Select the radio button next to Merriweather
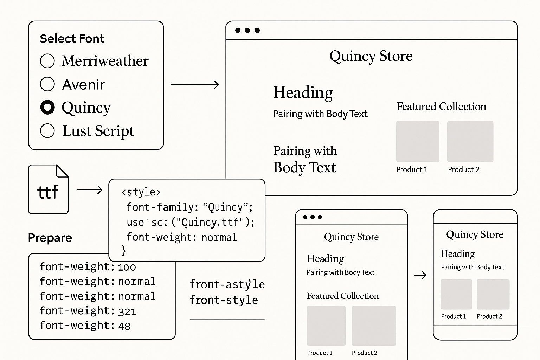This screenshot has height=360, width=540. [x=47, y=61]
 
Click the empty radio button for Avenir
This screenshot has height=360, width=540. [x=47, y=84]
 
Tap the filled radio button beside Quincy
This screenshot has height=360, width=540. [x=47, y=107]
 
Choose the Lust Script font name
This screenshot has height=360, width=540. [x=98, y=131]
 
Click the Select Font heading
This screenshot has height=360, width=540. [x=72, y=38]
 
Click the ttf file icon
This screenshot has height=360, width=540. [x=48, y=189]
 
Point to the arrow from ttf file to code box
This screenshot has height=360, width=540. [x=89, y=190]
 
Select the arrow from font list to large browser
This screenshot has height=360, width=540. [x=195, y=84]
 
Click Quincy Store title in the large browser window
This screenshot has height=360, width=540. [x=371, y=56]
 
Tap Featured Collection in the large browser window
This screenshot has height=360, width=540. [x=441, y=107]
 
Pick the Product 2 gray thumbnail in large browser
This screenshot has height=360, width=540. [x=470, y=141]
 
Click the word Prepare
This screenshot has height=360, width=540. [x=50, y=238]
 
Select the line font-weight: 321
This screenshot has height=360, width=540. [x=88, y=311]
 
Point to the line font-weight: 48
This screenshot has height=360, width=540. [x=85, y=326]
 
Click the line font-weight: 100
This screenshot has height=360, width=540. [x=88, y=267]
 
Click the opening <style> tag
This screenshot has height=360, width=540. [x=141, y=192]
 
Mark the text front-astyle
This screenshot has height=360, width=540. [x=227, y=284]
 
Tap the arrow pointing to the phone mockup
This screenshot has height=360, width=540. [x=420, y=275]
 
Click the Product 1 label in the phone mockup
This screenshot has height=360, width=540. [x=454, y=316]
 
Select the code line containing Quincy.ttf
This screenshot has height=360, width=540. [x=190, y=222]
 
